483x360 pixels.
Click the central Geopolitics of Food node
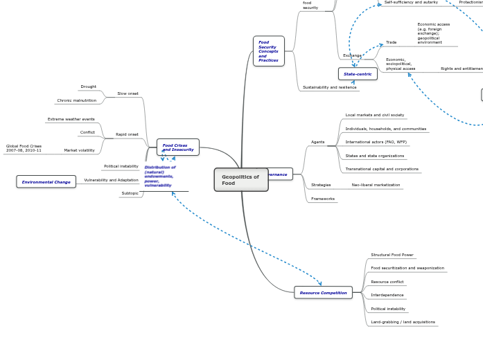240,180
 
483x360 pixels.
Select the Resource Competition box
323,293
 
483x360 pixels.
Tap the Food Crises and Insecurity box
178,147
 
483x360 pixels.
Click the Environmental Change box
46,182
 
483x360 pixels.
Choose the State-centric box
358,73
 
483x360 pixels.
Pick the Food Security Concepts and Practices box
268,51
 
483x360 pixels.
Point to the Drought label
89,87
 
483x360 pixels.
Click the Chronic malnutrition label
77,100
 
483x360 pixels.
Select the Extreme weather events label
71,119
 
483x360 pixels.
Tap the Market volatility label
80,150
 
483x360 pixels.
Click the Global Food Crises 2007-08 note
24,148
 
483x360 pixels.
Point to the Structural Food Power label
392,255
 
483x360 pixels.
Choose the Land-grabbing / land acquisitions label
403,322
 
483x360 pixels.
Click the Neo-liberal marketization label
376,185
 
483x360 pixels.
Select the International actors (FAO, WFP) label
376,142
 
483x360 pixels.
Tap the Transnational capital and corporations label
382,169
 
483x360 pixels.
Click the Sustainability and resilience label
330,87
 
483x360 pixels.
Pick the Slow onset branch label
128,93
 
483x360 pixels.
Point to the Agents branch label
317,142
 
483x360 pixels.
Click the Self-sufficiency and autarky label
411,3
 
